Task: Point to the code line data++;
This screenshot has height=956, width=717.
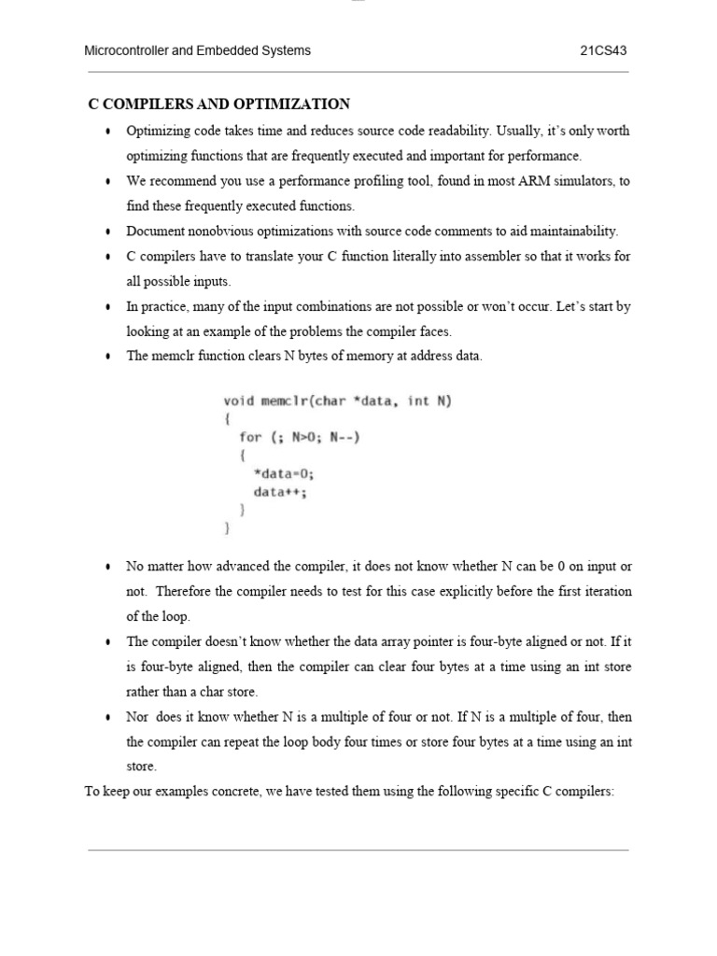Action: click(280, 491)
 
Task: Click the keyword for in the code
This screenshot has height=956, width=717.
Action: click(250, 437)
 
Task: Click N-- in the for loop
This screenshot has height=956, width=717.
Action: click(344, 437)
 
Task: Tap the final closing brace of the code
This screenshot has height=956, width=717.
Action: click(227, 527)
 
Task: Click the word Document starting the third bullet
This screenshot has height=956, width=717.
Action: click(154, 231)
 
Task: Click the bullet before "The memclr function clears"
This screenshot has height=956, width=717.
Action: click(109, 357)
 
